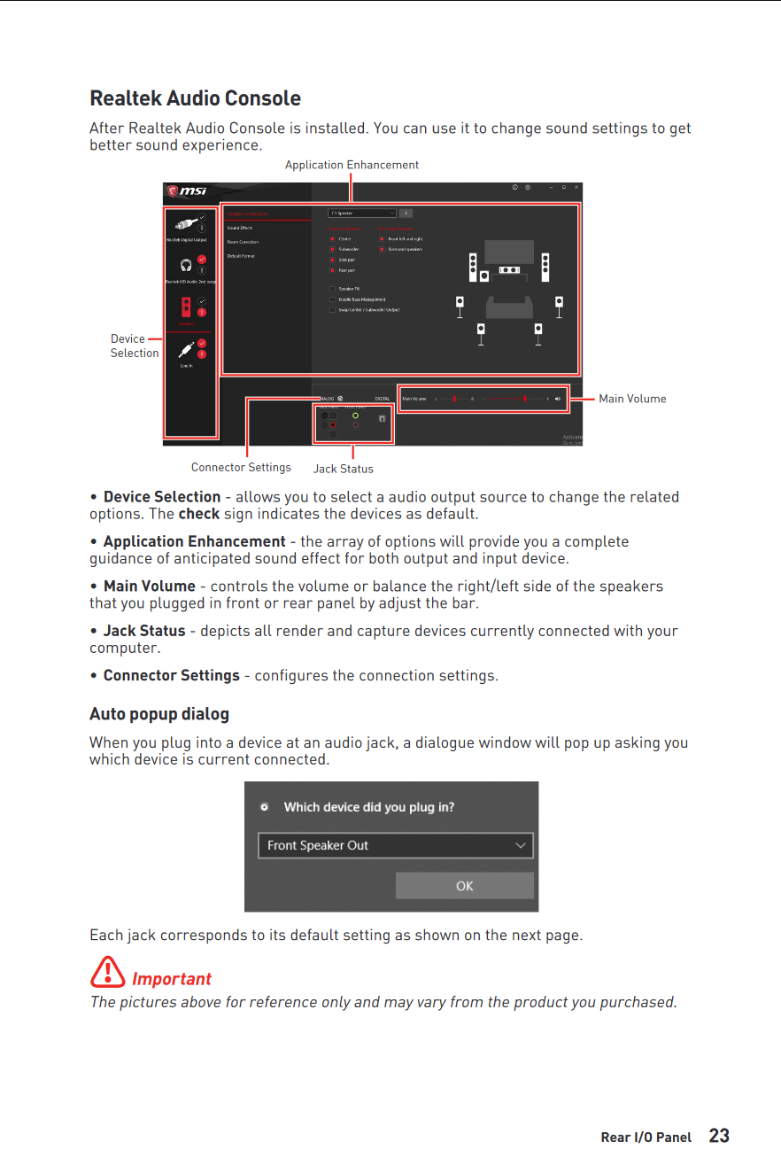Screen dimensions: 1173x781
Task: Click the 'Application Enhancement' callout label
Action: click(x=352, y=165)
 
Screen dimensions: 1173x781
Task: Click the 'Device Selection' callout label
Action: click(x=134, y=346)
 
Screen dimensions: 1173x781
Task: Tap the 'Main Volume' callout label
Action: click(x=632, y=399)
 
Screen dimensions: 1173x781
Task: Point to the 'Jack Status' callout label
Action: click(x=344, y=469)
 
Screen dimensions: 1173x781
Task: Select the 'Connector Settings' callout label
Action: click(x=241, y=467)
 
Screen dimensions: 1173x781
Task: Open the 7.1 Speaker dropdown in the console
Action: click(x=362, y=214)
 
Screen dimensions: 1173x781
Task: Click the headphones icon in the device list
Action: click(x=186, y=264)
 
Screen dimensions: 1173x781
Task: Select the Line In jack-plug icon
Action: click(x=186, y=349)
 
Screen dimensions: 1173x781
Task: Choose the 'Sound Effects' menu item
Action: click(x=240, y=228)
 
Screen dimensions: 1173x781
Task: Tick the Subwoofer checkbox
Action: click(x=333, y=250)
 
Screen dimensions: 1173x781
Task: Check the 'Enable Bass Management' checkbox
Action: click(x=333, y=299)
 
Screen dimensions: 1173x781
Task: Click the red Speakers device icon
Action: click(x=186, y=307)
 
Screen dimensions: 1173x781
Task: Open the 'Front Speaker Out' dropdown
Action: click(x=396, y=845)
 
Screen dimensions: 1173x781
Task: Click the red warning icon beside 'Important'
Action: click(x=107, y=973)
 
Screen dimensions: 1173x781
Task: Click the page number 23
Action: click(x=719, y=1136)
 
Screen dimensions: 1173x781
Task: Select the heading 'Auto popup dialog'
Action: click(x=159, y=714)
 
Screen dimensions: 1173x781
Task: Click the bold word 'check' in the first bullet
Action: click(x=199, y=514)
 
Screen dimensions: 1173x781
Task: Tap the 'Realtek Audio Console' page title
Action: click(x=195, y=98)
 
